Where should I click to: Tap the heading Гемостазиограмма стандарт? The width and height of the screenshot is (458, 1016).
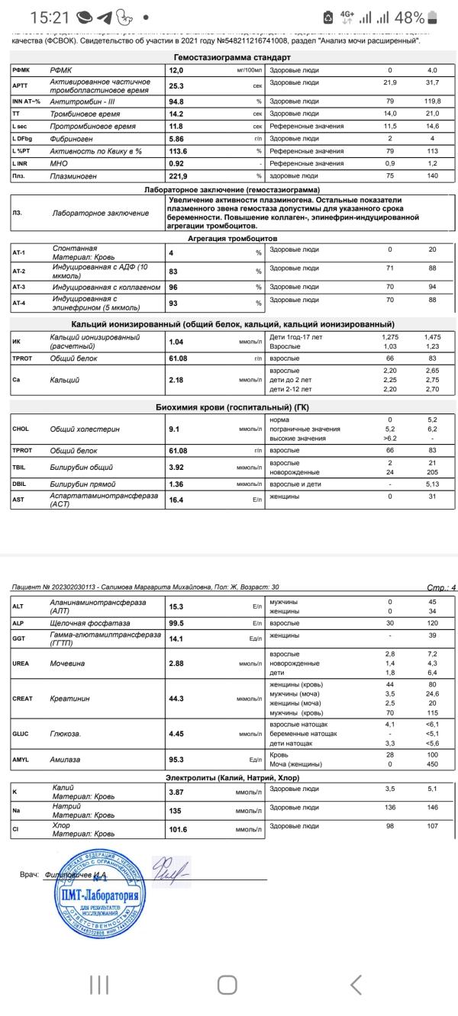pyautogui.click(x=232, y=57)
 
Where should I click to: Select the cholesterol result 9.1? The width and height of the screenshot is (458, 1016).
pyautogui.click(x=174, y=429)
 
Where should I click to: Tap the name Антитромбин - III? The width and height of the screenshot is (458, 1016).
pyautogui.click(x=83, y=101)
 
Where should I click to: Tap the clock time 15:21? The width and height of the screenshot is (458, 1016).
pyautogui.click(x=52, y=17)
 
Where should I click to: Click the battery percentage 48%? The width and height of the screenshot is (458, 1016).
pyautogui.click(x=410, y=17)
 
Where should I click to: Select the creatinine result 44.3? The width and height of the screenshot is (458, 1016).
pyautogui.click(x=176, y=698)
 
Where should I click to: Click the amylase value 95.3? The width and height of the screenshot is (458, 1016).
pyautogui.click(x=176, y=760)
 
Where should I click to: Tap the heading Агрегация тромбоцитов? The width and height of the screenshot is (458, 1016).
pyautogui.click(x=232, y=239)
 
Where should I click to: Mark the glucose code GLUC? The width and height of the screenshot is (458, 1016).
pyautogui.click(x=21, y=734)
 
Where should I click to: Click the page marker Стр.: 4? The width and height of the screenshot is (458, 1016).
pyautogui.click(x=441, y=588)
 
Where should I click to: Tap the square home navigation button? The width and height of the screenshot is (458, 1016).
pyautogui.click(x=227, y=985)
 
